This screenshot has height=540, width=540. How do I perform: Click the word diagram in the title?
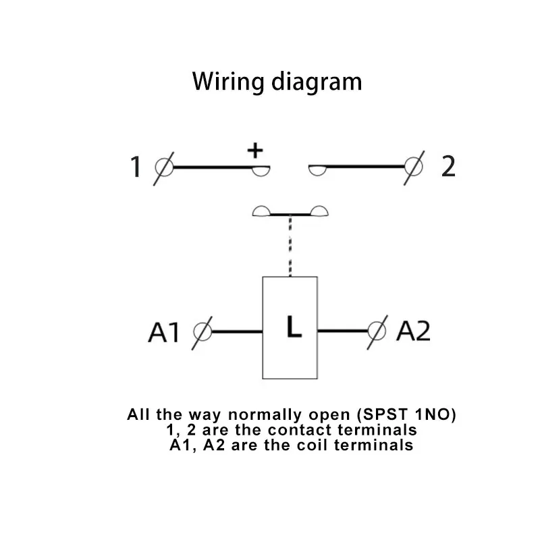coord(316,82)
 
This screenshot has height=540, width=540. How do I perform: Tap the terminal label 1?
coord(136,167)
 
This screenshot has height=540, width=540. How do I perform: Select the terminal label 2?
coord(448,166)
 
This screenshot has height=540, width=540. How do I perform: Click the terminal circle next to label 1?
coord(164,165)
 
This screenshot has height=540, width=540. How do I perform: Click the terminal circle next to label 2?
coord(414,165)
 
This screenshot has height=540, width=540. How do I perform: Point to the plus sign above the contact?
coord(255,151)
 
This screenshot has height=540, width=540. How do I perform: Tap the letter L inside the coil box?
coord(293,327)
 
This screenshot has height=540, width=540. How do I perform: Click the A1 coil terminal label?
coord(164,332)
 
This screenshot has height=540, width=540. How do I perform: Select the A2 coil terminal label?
coord(413,331)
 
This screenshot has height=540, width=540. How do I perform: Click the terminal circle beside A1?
coord(202,331)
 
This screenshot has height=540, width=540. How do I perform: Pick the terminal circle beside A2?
coord(377,331)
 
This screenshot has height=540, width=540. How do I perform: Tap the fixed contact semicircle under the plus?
coord(261,170)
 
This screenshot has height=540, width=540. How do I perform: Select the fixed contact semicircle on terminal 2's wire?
coord(317,170)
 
